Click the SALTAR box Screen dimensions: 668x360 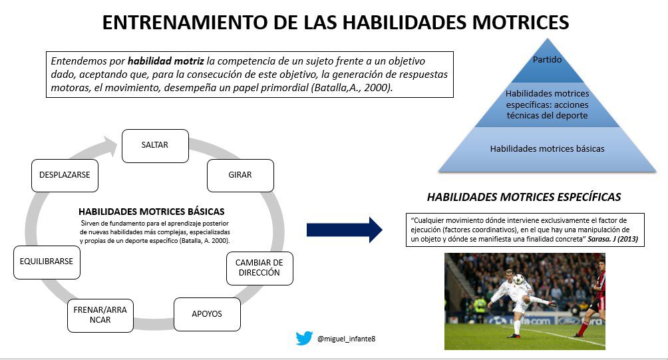click(155, 146)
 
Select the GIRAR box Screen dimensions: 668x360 click(240, 176)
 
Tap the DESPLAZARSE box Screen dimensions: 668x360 click(65, 176)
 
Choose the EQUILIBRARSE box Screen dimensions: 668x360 click(47, 262)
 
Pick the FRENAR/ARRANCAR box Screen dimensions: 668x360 click(100, 315)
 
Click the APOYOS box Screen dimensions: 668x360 click(207, 314)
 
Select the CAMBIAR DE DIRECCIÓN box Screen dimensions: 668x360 click(260, 268)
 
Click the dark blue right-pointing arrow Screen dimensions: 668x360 click(344, 230)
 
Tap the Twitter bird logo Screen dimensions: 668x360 click(304, 339)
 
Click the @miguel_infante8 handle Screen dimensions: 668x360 click(347, 339)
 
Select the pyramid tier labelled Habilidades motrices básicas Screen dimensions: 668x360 click(547, 149)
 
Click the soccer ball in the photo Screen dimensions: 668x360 click(518, 279)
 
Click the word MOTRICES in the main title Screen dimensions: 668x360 click(520, 22)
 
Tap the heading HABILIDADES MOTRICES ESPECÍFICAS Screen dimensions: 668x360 click(524, 197)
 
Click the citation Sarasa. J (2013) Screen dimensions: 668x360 click(613, 240)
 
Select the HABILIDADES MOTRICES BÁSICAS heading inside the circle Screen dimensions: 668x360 click(151, 212)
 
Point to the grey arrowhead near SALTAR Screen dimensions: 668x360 click(109, 146)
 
